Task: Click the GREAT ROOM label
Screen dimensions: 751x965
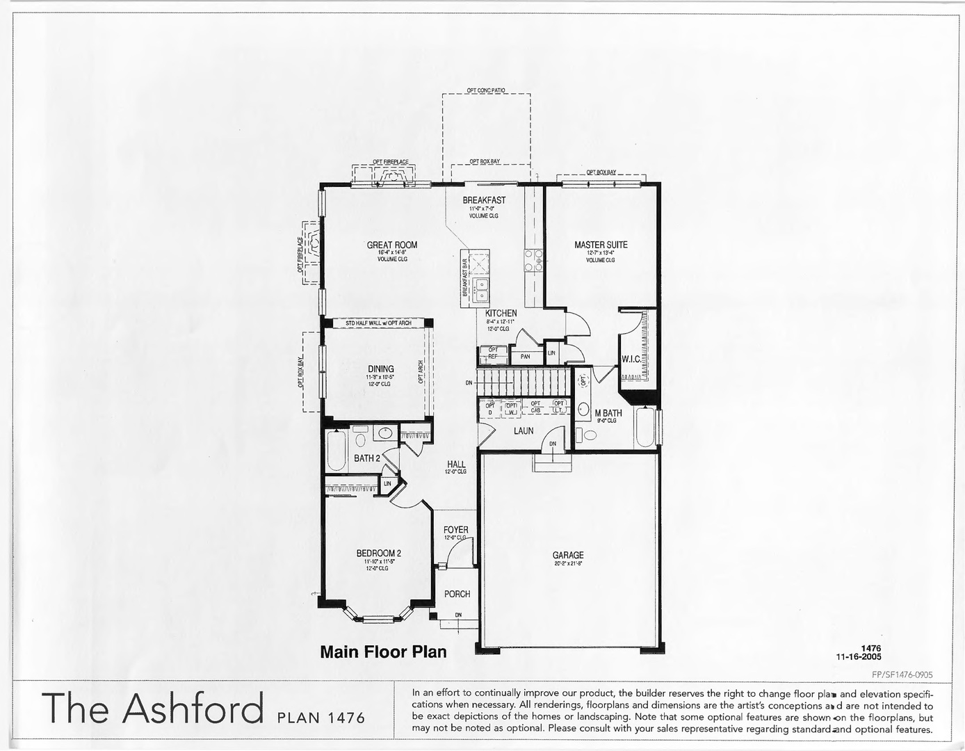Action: click(392, 245)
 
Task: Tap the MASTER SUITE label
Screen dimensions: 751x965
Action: click(601, 245)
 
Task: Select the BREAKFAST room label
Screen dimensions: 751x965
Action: click(484, 200)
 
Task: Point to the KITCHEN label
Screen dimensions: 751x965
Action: click(501, 314)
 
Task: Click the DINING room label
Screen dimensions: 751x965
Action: click(380, 369)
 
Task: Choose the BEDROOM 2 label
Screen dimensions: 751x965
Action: click(378, 554)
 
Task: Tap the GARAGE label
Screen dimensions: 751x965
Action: click(568, 555)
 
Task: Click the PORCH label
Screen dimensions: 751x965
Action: click(457, 594)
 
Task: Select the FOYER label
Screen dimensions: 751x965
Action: click(456, 530)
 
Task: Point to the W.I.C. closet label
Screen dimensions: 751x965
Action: click(631, 360)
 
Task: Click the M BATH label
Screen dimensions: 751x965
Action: click(608, 413)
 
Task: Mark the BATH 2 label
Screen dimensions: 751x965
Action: click(367, 458)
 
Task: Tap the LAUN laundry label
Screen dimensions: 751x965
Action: click(524, 431)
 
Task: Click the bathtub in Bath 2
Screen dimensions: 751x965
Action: click(336, 451)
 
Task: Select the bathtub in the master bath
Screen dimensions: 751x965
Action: click(644, 427)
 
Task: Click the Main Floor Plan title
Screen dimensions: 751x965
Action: click(383, 652)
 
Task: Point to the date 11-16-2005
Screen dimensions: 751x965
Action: click(859, 656)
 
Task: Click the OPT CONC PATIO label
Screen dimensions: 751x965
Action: click(486, 90)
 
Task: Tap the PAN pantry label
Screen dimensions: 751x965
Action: click(525, 357)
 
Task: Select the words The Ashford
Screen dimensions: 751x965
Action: click(153, 708)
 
